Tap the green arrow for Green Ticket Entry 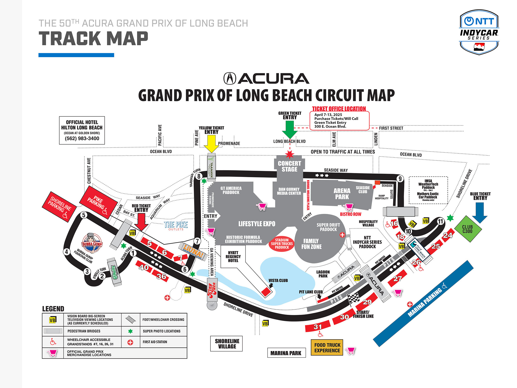pyautogui.click(x=290, y=129)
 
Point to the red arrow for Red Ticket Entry pyautogui.click(x=141, y=222)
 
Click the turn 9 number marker pyautogui.click(x=400, y=179)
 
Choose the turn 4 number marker pyautogui.click(x=67, y=252)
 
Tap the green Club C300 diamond pyautogui.click(x=468, y=229)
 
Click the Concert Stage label pyautogui.click(x=289, y=166)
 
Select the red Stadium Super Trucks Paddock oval pyautogui.click(x=282, y=244)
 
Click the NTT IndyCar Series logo pyautogui.click(x=479, y=32)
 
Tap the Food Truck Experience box pyautogui.click(x=327, y=348)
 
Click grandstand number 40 pyautogui.click(x=144, y=267)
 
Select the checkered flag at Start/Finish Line pyautogui.click(x=353, y=299)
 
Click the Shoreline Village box pyautogui.click(x=227, y=344)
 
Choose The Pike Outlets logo pyautogui.click(x=176, y=226)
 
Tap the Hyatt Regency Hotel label pyautogui.click(x=233, y=257)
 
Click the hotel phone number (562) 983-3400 pyautogui.click(x=82, y=139)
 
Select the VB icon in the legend pyautogui.click(x=53, y=320)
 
